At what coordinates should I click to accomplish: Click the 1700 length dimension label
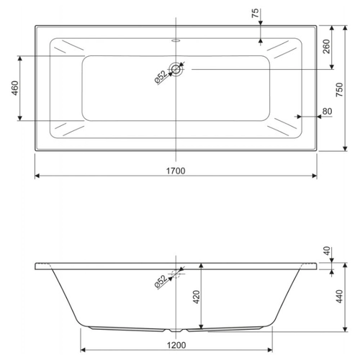176,171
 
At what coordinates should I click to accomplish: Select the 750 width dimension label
339,90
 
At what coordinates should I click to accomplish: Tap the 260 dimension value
326,47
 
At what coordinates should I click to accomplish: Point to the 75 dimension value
255,13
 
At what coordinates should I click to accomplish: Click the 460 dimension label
15,88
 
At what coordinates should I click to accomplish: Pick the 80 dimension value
327,112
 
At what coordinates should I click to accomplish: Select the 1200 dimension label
176,346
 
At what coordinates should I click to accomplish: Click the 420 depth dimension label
197,297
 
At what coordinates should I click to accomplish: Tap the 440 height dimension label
339,297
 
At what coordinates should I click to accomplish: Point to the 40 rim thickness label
327,251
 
